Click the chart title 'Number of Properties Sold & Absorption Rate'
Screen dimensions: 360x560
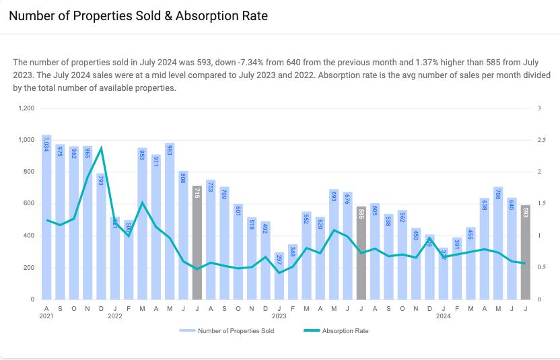tap(138, 16)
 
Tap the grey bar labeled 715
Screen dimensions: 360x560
tap(197, 242)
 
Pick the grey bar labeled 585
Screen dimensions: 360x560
tap(361, 252)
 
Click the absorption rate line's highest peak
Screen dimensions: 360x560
tap(101, 147)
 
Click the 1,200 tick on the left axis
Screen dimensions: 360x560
tap(27, 108)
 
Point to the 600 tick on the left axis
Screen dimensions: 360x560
tap(29, 204)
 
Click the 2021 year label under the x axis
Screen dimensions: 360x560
tap(46, 315)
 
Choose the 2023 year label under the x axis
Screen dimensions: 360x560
tap(279, 315)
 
